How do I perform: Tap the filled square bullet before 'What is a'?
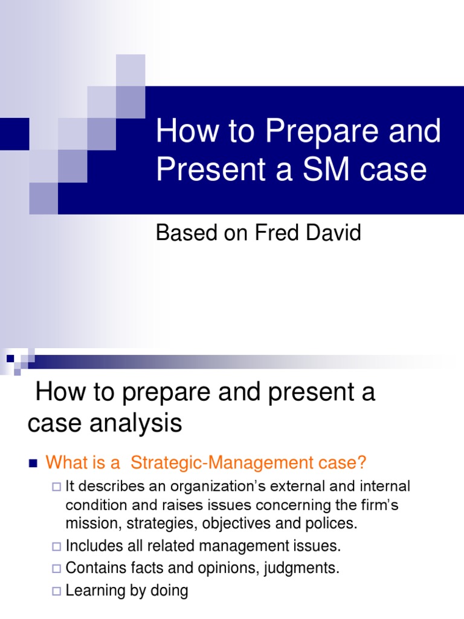[x=33, y=464]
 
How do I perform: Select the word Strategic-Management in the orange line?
[x=219, y=463]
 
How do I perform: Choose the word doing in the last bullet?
[x=170, y=591]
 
